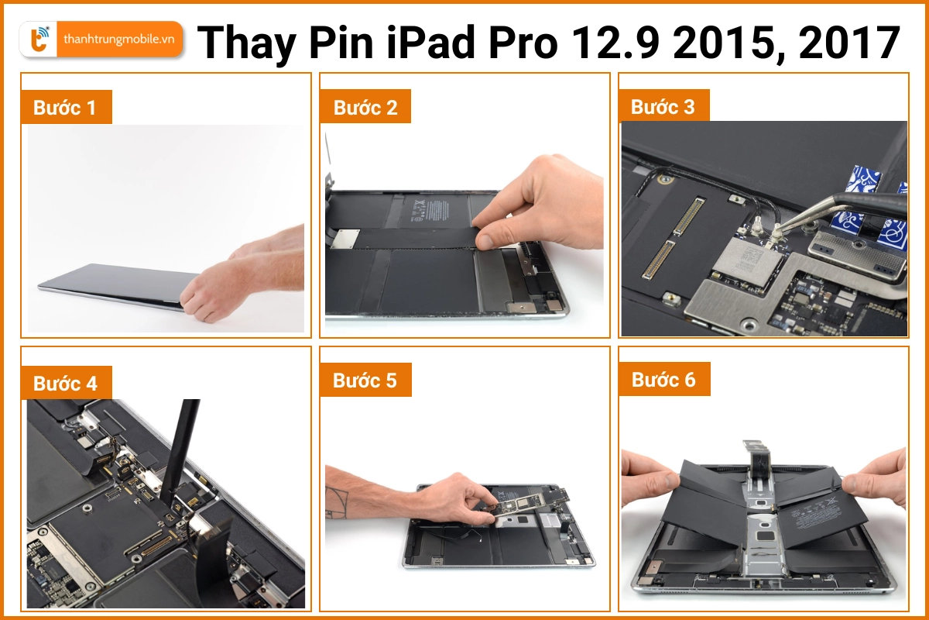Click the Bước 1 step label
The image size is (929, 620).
click(65, 108)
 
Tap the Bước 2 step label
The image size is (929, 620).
click(365, 108)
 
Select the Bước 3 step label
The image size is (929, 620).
click(663, 106)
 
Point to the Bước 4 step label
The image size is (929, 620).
click(65, 384)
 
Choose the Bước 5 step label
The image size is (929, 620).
click(365, 381)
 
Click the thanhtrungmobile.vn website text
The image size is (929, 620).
click(118, 39)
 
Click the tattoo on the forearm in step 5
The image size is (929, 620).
click(338, 505)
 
